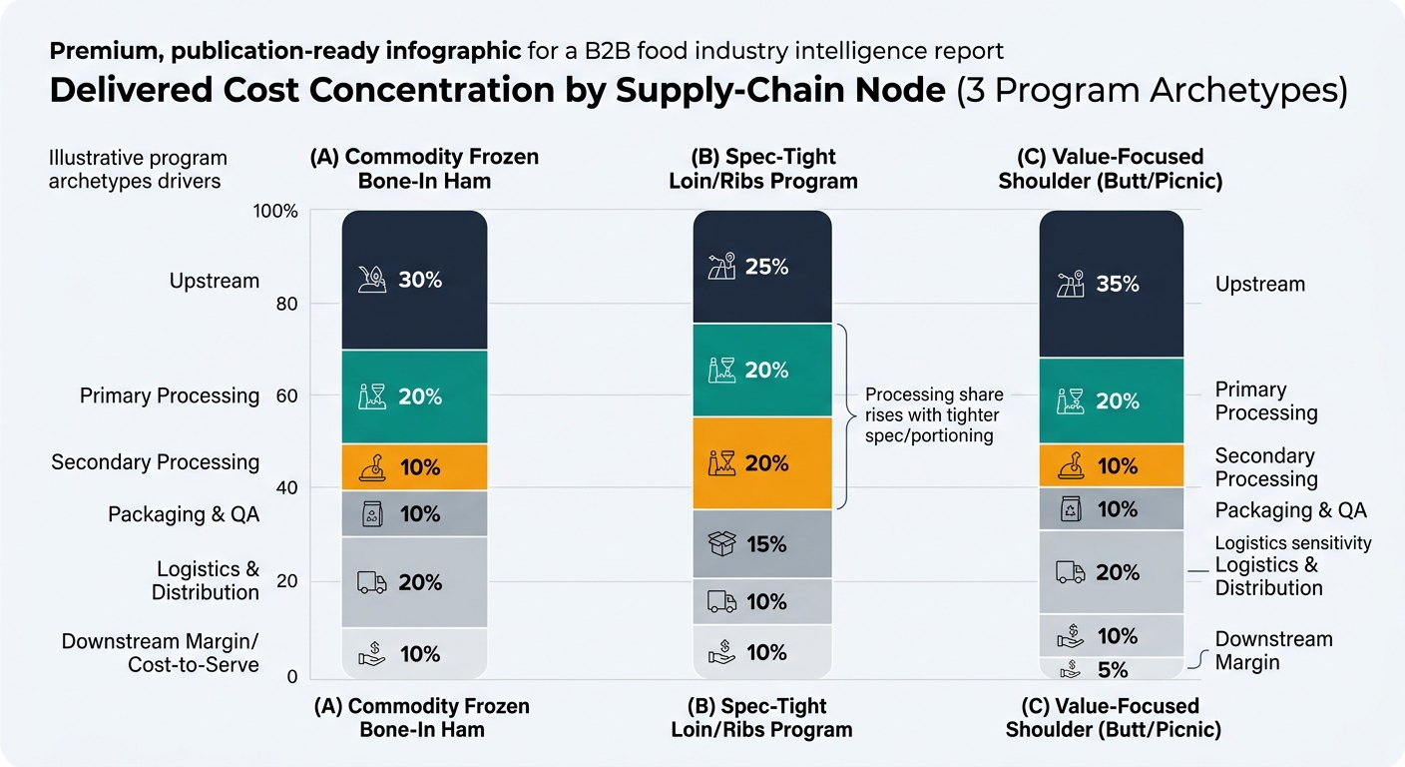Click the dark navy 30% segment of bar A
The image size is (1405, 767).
point(414,281)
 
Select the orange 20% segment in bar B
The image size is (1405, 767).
point(762,463)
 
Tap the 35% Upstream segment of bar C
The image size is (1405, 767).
point(1111,285)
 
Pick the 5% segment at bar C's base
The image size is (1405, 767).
point(1111,669)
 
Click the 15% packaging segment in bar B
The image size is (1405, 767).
point(762,544)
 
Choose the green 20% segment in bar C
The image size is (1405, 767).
point(1111,400)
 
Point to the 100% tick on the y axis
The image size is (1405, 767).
point(276,212)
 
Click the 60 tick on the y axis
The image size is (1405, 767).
point(285,395)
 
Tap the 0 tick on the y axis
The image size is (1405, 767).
point(291,677)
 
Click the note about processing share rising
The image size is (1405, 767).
point(933,414)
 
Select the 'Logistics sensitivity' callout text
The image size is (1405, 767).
point(1293,543)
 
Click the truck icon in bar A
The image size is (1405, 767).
point(371,582)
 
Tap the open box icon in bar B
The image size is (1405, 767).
point(721,544)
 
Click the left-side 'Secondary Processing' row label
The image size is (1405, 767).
point(155,462)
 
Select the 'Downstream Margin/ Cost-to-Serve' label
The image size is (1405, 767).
point(160,653)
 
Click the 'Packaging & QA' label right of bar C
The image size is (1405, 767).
point(1290,510)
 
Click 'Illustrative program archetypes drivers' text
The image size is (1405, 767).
point(138,169)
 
